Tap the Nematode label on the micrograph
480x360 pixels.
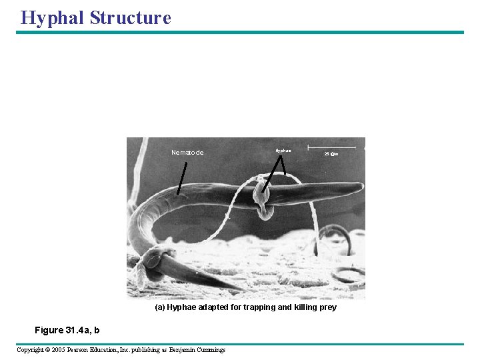click(x=187, y=153)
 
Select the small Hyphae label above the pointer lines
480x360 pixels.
click(x=283, y=151)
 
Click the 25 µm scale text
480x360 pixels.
click(x=331, y=154)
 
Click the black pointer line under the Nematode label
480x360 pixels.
click(x=182, y=178)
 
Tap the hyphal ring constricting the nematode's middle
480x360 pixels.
click(x=262, y=198)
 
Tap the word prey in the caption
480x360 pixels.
click(x=328, y=307)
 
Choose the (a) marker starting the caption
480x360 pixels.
click(x=159, y=307)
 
